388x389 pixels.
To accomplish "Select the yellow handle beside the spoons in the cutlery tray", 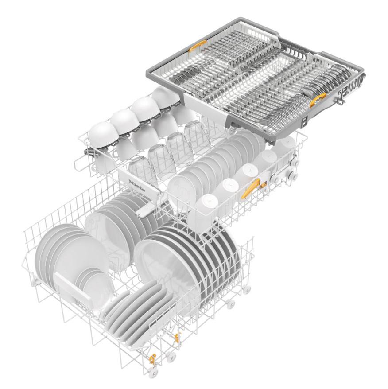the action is pyautogui.click(x=318, y=100).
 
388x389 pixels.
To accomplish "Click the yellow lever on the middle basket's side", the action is pyautogui.click(x=251, y=189).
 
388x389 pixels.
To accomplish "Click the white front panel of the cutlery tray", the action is pyautogui.click(x=205, y=105).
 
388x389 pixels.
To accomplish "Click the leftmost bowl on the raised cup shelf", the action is pyautogui.click(x=102, y=134).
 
